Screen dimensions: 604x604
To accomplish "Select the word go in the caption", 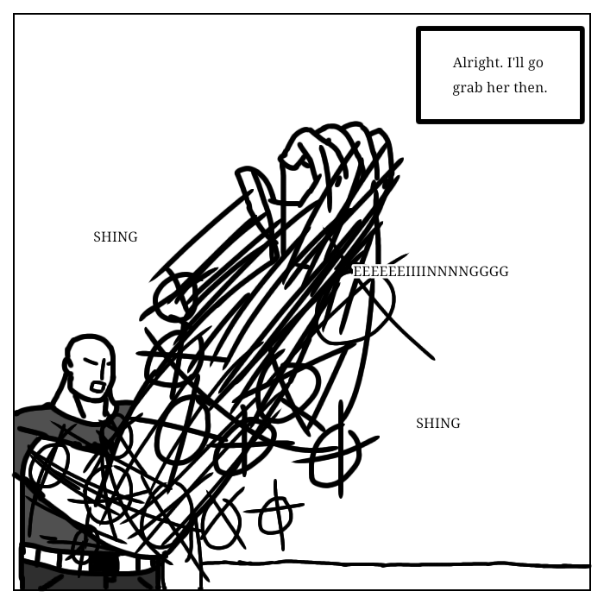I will pos(536,64).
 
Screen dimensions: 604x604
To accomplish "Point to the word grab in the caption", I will pos(469,88).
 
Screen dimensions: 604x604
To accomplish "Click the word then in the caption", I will pos(531,88).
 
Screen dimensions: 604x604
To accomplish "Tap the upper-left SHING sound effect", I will pos(115,237).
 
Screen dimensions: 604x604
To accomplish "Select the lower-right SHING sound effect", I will pos(437,424).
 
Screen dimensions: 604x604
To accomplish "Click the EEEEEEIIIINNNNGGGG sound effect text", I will pos(431,272).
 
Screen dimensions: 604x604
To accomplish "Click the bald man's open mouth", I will pos(99,387).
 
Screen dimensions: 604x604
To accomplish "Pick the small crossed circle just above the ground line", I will pos(275,514).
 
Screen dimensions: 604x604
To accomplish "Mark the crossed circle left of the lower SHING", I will pos(336,454).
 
